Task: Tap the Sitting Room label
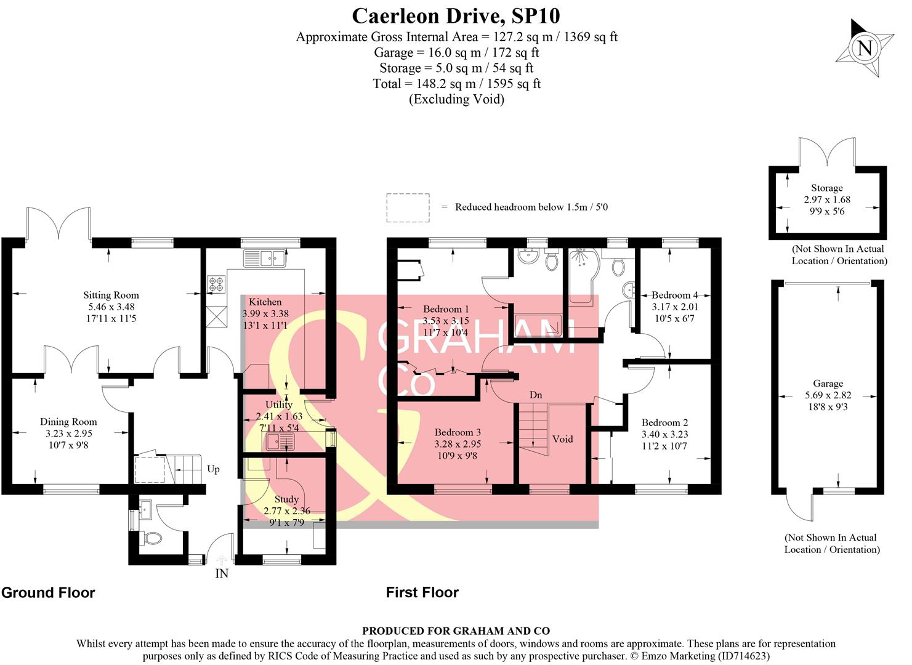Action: click(111, 296)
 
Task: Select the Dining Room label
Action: click(68, 422)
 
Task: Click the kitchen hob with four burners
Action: click(216, 284)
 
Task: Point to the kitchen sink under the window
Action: click(265, 258)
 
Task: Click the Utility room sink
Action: click(281, 441)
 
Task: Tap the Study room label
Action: click(286, 499)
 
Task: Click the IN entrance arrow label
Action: click(222, 573)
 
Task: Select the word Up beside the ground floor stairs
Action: click(213, 469)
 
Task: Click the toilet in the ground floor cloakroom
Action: click(150, 539)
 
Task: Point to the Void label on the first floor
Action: click(562, 439)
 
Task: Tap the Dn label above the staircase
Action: click(536, 395)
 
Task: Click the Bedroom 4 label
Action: click(675, 295)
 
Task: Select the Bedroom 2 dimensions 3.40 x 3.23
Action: click(664, 434)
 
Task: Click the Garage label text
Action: click(828, 384)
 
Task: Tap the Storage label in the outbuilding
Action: click(826, 188)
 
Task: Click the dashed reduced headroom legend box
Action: click(408, 208)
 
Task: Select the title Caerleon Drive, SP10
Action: click(456, 15)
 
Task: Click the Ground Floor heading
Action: click(48, 592)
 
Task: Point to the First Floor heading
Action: click(422, 592)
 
